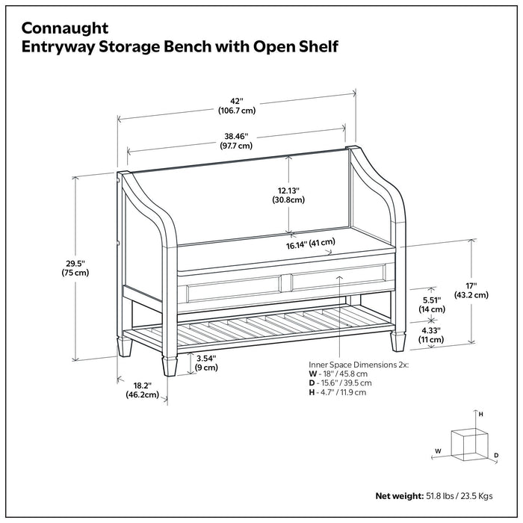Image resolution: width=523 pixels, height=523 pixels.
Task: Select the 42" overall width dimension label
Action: coord(237,105)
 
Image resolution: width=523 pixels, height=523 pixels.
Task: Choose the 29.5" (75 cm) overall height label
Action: coord(75,267)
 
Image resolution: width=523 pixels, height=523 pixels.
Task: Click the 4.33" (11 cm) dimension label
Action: coord(431,335)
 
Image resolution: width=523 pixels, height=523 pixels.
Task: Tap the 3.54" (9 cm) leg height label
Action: coord(206,362)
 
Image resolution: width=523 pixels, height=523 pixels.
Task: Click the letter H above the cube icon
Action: coord(481,413)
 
